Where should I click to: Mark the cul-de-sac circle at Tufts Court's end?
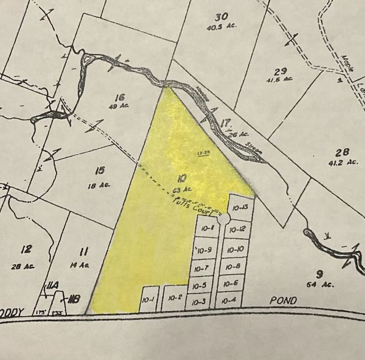pos(223,219)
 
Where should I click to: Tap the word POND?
pos(283,300)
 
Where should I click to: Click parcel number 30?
pos(221,17)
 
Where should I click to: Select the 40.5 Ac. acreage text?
pos(221,26)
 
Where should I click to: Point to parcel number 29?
pos(280,71)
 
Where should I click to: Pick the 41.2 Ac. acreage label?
pos(342,162)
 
